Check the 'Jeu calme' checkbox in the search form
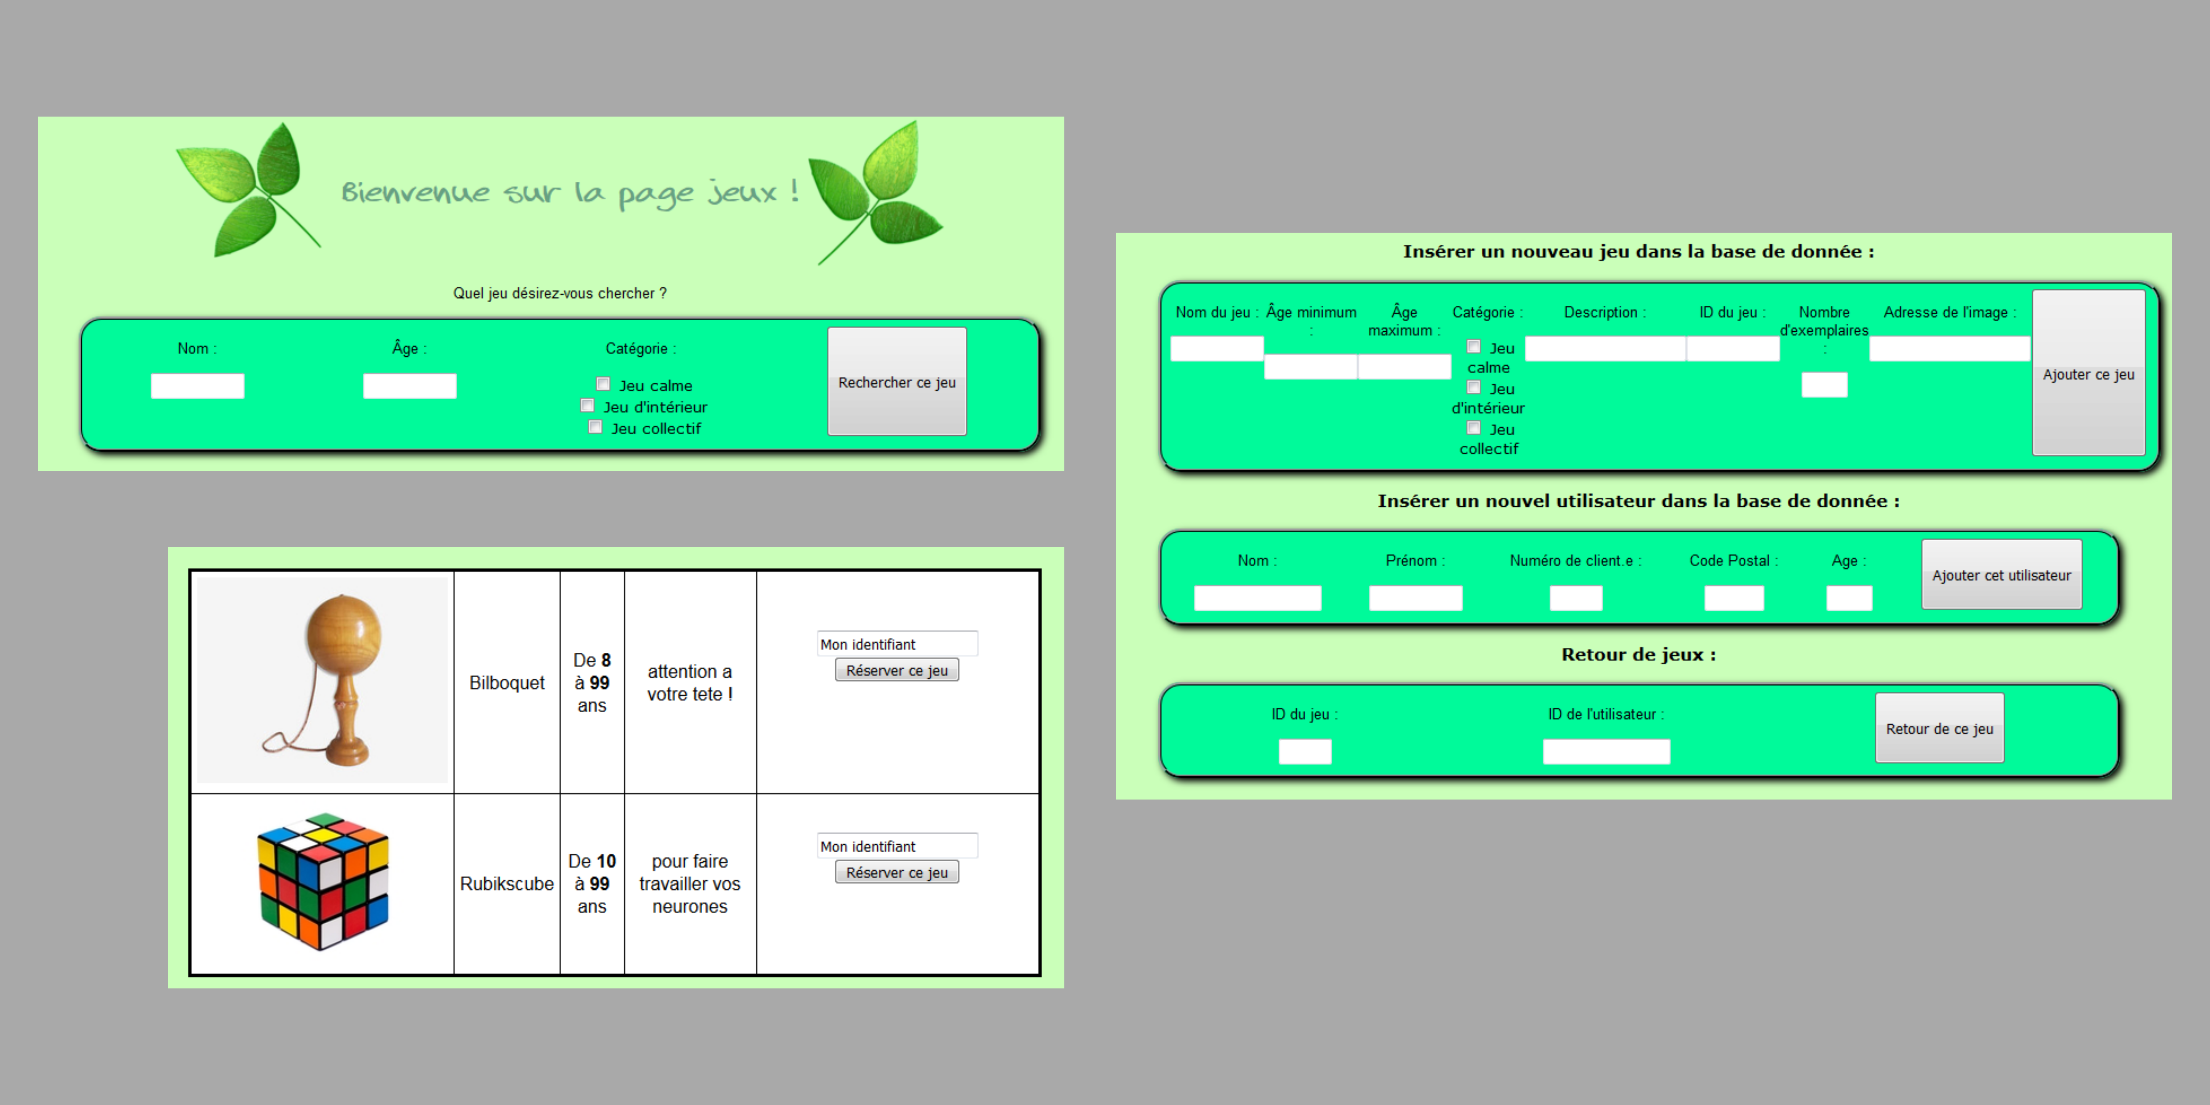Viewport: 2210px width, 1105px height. [603, 384]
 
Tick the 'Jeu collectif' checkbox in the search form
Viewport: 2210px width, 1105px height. [595, 427]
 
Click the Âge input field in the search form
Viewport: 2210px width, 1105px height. [409, 386]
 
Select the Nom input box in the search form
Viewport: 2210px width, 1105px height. [197, 386]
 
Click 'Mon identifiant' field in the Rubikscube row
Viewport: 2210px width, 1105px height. [897, 846]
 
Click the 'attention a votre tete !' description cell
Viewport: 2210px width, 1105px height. [690, 682]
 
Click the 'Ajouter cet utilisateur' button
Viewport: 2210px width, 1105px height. [2002, 575]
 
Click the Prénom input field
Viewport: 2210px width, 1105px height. [1416, 598]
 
